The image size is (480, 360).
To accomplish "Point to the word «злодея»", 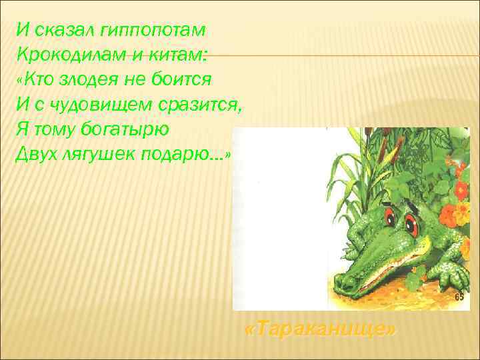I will [x=91, y=79].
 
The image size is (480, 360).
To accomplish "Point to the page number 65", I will [x=459, y=297].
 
